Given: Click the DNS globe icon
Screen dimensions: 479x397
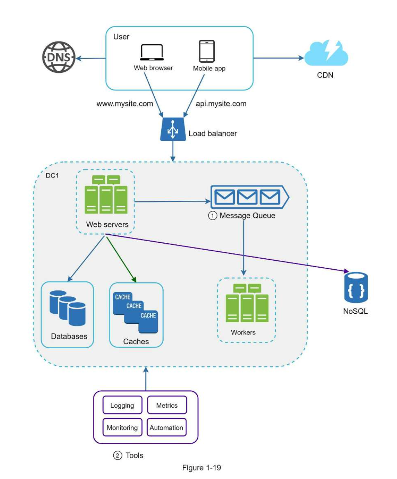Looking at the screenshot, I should pos(58,57).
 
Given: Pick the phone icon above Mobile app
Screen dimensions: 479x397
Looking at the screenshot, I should pos(206,51).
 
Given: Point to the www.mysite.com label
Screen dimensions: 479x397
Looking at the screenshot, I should pos(125,104).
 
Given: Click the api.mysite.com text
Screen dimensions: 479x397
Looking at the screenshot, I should pos(221,104).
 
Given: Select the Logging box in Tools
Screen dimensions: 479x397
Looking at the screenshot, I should pos(122,405).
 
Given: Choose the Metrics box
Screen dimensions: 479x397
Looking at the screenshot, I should pos(167,405).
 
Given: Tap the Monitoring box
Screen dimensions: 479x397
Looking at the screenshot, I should pos(122,428).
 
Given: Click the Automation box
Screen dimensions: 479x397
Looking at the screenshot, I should pos(166,428).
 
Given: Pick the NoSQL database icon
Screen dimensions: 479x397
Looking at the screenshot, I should pos(356,288).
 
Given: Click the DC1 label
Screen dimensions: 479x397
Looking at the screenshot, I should pos(52,175).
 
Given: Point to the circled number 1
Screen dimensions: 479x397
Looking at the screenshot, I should pos(213,216).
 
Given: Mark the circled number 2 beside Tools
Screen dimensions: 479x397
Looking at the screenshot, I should pos(118,456).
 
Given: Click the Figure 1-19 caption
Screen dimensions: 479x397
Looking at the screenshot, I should pos(201,468).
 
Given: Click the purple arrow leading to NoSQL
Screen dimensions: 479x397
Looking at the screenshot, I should pos(234,253).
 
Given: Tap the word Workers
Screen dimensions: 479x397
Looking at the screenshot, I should pos(243,332).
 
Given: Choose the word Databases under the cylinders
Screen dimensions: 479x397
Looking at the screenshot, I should pos(69,336).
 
